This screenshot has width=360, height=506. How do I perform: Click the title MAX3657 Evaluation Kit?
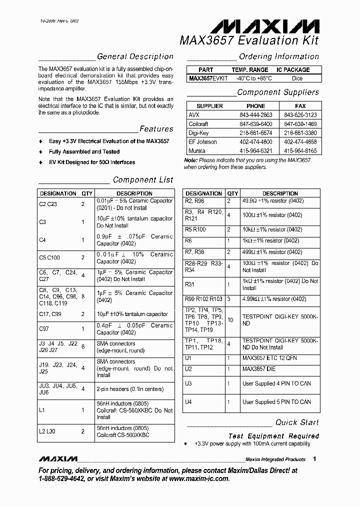click(249, 40)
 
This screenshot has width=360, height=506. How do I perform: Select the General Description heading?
click(135, 57)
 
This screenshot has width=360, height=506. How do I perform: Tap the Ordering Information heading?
click(278, 57)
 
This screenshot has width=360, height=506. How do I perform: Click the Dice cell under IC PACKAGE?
click(296, 78)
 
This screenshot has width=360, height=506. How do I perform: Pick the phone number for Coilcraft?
click(256, 124)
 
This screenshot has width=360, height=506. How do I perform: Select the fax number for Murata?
click(300, 151)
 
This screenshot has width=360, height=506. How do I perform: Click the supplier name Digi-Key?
click(198, 133)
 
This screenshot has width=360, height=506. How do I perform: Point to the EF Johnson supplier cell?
click(202, 142)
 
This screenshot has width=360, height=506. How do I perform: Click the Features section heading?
click(156, 129)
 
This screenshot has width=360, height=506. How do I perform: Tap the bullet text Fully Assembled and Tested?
click(84, 151)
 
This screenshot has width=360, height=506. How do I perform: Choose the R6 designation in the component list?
click(188, 240)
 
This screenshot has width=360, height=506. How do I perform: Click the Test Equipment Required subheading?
click(273, 436)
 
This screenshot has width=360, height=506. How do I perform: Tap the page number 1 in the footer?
click(314, 458)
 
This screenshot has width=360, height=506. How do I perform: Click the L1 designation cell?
click(42, 410)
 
